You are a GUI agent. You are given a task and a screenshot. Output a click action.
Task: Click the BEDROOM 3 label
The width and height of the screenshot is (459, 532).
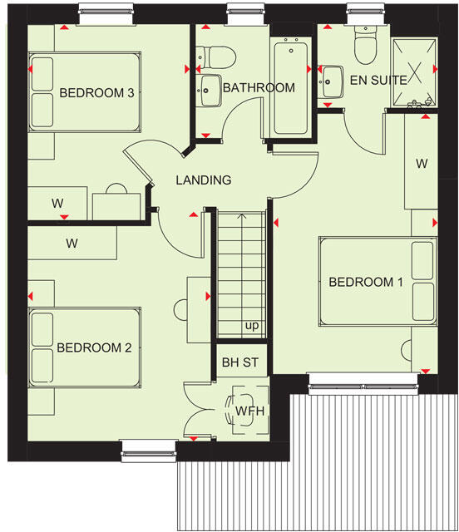(96, 93)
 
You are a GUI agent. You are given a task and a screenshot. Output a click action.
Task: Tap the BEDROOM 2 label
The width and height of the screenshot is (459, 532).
(94, 348)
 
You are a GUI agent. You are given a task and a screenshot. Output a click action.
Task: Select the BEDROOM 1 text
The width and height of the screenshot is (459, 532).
(366, 283)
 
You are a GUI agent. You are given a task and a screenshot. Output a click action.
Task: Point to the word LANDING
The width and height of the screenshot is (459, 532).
(203, 180)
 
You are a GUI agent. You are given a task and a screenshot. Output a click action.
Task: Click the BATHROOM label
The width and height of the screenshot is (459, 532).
(259, 87)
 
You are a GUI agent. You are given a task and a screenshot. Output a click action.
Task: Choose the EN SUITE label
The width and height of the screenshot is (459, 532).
(378, 81)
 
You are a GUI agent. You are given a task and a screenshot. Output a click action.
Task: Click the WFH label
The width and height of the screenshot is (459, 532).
(249, 410)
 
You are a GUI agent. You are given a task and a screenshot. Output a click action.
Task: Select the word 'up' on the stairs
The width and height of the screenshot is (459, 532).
(251, 325)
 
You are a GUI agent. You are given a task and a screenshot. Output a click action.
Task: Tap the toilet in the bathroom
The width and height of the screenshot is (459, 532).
(218, 57)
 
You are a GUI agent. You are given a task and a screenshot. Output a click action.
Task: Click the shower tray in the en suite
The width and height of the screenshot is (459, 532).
(415, 72)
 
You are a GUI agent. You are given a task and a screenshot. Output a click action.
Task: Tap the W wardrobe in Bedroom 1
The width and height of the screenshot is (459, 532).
(422, 163)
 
